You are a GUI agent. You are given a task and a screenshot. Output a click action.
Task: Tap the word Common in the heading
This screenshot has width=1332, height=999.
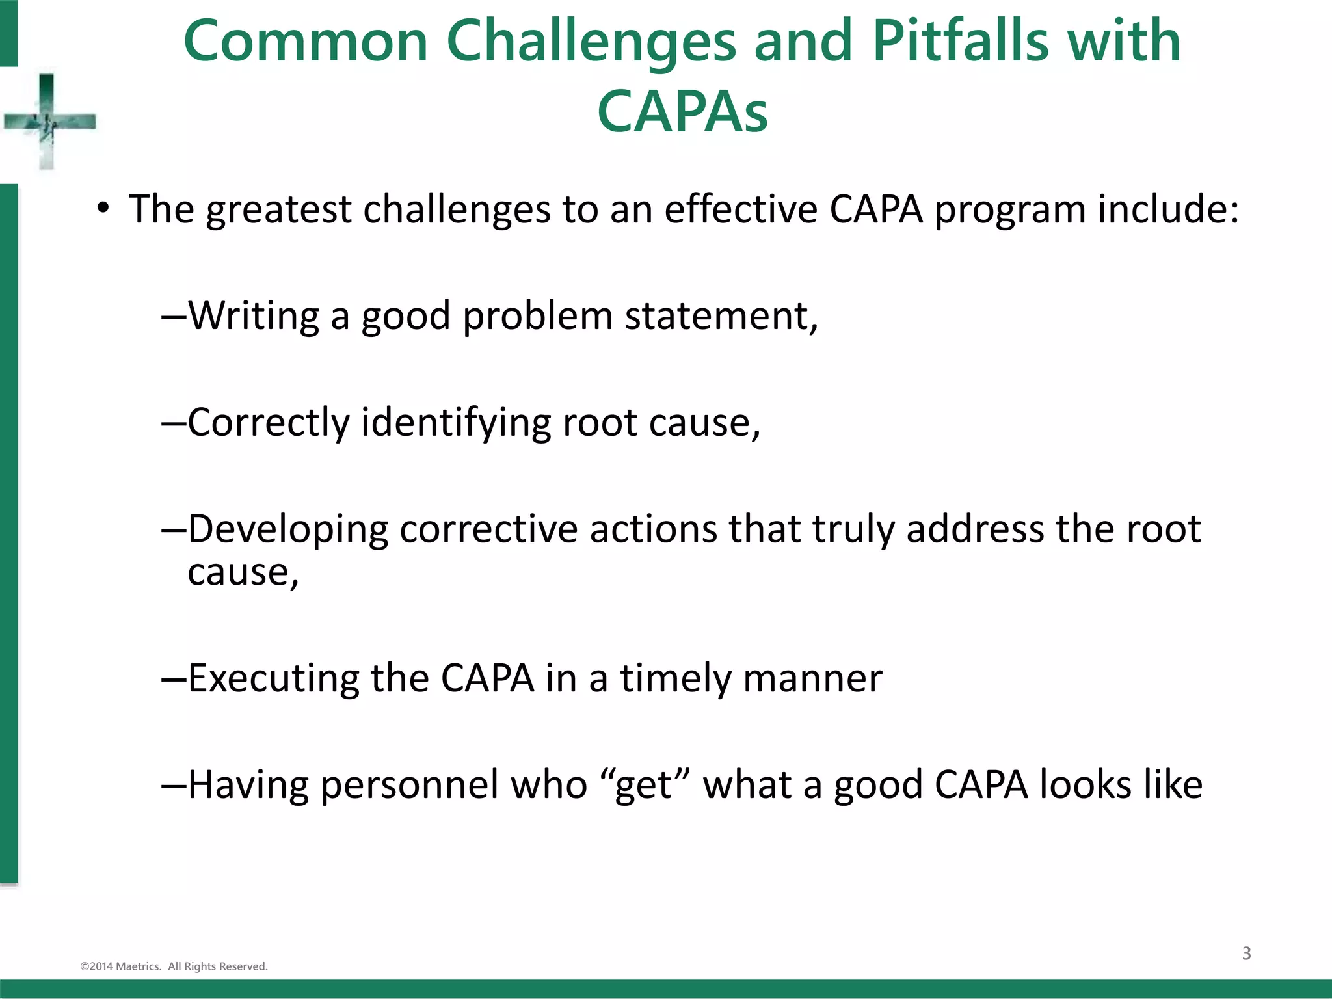[306, 41]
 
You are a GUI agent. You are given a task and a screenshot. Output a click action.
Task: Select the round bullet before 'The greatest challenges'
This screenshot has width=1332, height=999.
[103, 209]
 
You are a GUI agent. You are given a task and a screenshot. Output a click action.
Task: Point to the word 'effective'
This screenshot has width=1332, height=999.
[741, 209]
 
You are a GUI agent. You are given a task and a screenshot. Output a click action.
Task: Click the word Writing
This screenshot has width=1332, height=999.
[254, 316]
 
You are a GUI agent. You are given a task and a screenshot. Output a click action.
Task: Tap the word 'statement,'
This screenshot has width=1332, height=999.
[721, 316]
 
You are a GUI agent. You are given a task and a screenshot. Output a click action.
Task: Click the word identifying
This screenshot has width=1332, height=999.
[456, 423]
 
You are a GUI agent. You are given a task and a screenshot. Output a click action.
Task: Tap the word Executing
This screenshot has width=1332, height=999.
[273, 678]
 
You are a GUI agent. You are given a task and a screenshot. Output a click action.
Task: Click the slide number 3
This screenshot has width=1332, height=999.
[1246, 953]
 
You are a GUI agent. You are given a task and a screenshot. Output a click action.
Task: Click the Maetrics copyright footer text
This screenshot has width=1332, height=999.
[174, 966]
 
